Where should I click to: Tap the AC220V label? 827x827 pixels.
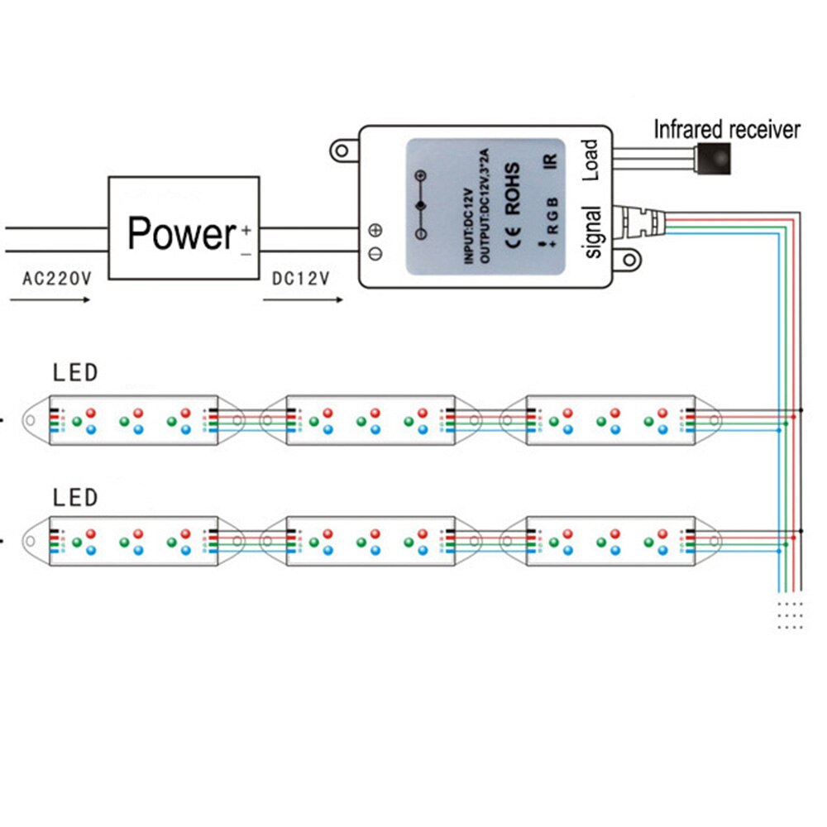click(x=56, y=279)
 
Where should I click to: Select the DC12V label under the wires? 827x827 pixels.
click(x=301, y=279)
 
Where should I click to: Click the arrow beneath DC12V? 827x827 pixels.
click(x=303, y=299)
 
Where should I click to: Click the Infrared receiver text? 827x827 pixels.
click(x=727, y=130)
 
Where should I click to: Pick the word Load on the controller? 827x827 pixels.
click(x=590, y=160)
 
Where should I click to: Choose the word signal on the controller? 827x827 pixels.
click(x=592, y=232)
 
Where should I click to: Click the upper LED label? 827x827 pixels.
click(x=75, y=372)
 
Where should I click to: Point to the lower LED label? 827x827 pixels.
click(x=75, y=497)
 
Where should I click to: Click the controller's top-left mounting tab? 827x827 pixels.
click(x=342, y=151)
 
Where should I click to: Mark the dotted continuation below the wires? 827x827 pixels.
click(x=790, y=615)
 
